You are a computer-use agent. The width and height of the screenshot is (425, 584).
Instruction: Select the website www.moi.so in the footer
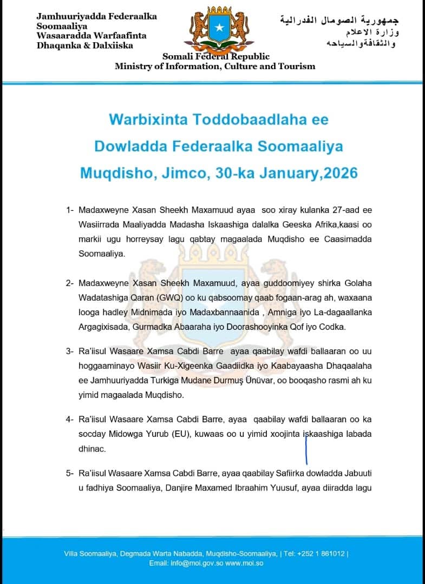(244, 563)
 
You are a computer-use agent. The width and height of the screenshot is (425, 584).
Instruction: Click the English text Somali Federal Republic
(216, 57)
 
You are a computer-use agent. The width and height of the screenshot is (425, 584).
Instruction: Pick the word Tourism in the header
(297, 66)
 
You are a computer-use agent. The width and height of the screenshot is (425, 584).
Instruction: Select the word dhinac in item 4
(91, 448)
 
